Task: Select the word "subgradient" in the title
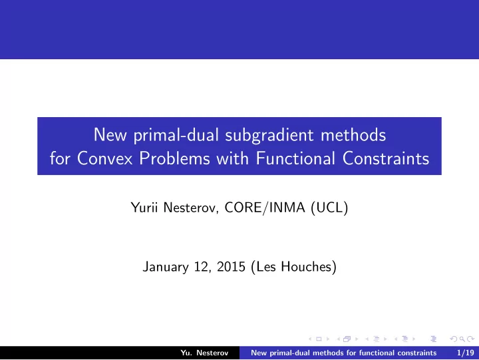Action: (x=269, y=135)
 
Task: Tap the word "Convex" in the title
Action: (x=105, y=158)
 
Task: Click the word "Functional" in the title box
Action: (x=295, y=158)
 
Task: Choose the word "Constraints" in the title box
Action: (x=386, y=158)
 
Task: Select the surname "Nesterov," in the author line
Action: (x=191, y=208)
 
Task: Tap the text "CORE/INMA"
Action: (x=265, y=208)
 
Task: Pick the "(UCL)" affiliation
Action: (x=329, y=208)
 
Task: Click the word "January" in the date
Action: (x=166, y=267)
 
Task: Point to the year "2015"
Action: (x=231, y=267)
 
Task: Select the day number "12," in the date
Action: (x=203, y=267)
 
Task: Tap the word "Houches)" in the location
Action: (x=309, y=267)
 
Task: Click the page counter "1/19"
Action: (x=465, y=353)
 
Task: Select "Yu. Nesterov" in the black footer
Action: (x=204, y=353)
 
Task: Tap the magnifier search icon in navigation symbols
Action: (x=462, y=339)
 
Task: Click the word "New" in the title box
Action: (x=110, y=134)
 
